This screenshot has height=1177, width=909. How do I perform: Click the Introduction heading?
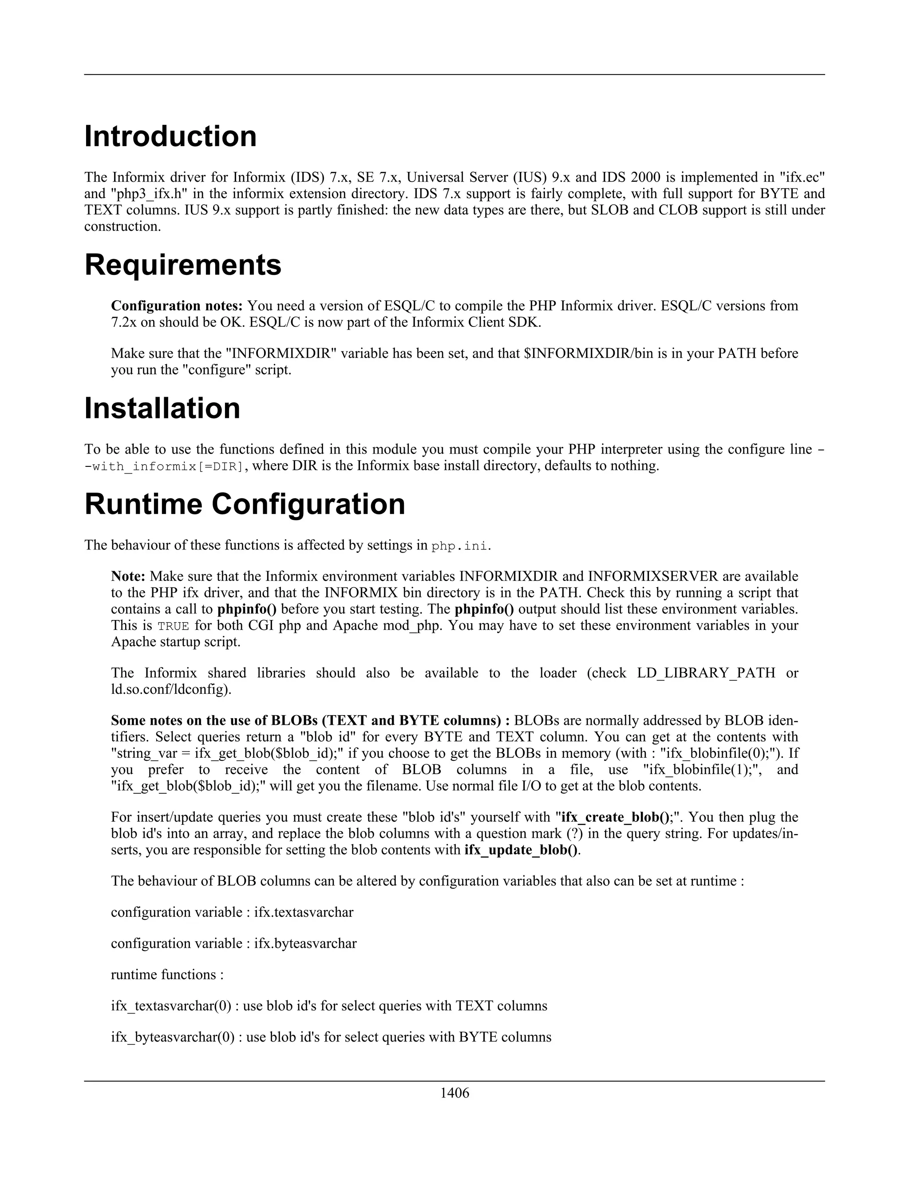[170, 136]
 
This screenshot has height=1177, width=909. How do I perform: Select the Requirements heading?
[182, 265]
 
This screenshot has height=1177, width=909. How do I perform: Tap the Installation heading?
[162, 408]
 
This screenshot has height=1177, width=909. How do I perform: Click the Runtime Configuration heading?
[245, 505]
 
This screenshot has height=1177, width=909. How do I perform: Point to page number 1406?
[454, 1093]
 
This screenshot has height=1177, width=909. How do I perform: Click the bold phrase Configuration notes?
[177, 306]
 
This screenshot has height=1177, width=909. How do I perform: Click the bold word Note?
[128, 577]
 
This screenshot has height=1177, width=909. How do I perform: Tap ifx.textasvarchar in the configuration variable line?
[304, 912]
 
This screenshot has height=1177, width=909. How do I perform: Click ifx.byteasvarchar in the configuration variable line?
[305, 944]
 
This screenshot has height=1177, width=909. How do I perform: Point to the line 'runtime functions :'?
[167, 975]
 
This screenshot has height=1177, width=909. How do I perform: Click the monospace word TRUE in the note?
[173, 626]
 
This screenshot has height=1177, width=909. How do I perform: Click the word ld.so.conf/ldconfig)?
[171, 689]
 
